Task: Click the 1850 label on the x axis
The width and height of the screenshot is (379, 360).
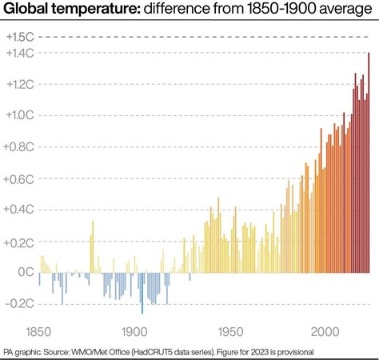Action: pos(40,331)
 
